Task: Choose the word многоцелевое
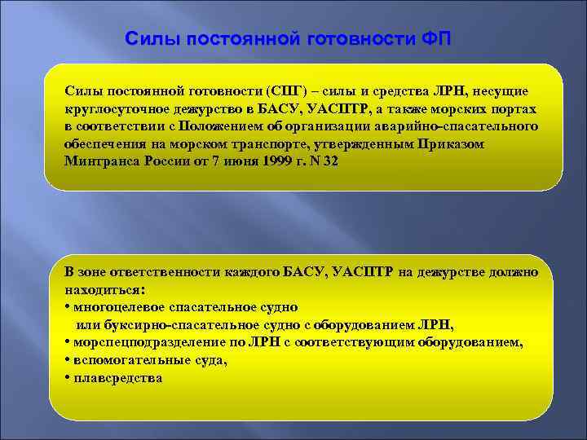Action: click(x=118, y=306)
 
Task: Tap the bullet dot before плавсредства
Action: click(x=66, y=377)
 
